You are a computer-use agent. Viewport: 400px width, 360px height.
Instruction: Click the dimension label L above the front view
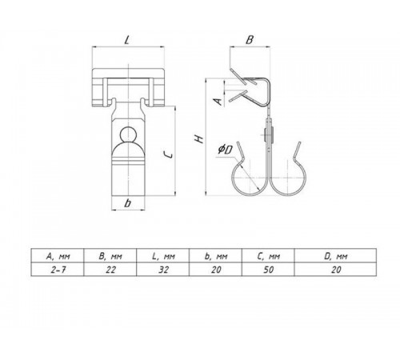tap(127, 40)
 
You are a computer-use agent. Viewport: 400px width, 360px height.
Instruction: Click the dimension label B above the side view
tap(250, 40)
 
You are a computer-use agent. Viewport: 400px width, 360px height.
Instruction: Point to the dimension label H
tap(199, 139)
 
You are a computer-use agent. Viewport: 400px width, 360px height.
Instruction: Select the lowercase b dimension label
tap(128, 203)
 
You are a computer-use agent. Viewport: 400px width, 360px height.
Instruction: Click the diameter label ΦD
tap(225, 150)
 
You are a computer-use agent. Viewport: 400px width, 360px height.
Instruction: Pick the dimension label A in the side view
tap(218, 102)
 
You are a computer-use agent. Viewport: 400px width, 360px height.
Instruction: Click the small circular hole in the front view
tap(128, 134)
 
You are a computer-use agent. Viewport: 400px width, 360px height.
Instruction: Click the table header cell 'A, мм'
tap(58, 256)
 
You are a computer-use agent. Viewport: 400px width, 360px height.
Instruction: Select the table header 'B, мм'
tap(110, 256)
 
